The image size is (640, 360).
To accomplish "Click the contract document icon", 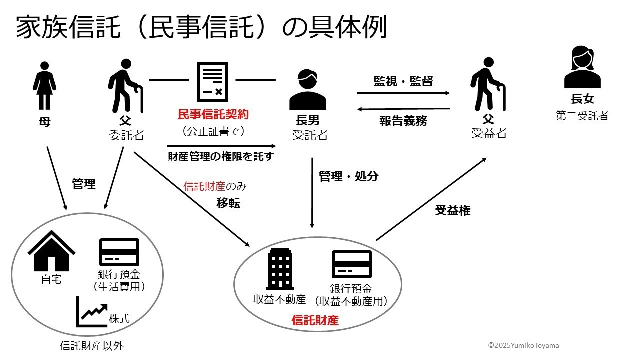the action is (213, 81).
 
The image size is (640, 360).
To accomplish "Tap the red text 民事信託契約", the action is (213, 114).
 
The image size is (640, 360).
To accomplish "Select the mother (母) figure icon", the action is (45, 85).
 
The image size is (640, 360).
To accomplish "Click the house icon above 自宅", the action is (51, 251).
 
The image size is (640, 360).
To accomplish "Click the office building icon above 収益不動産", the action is (280, 269).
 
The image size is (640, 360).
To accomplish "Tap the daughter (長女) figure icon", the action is (582, 67).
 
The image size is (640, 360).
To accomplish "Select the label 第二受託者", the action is (582, 115).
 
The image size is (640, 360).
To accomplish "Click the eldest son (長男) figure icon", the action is (307, 89).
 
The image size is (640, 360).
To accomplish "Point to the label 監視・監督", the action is (403, 81).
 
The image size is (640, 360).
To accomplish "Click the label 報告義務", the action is (403, 121).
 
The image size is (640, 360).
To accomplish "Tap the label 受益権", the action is (453, 210).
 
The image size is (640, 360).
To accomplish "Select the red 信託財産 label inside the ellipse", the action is (315, 320).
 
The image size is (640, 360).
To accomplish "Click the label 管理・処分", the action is (349, 176).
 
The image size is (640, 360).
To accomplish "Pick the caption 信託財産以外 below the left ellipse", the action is (92, 346).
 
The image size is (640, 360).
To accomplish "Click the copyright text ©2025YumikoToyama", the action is (523, 345).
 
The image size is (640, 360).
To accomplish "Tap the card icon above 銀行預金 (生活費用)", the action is (119, 252).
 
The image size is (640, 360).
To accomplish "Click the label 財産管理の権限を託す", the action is (221, 156).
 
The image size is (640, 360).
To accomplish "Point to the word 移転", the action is (228, 203).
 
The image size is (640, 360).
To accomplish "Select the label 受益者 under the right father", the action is (489, 133).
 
